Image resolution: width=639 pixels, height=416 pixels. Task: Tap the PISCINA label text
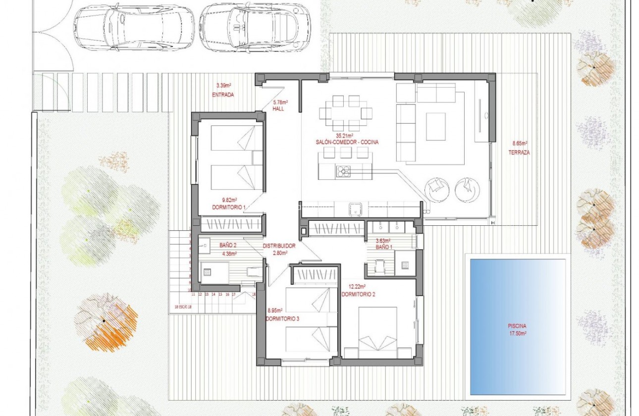point(516,326)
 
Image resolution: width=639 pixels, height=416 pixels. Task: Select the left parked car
point(133,27)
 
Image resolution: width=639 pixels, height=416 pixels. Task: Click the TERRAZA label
point(519,153)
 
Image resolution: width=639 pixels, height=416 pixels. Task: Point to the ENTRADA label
point(222,95)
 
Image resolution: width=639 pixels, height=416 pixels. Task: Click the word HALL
point(278,108)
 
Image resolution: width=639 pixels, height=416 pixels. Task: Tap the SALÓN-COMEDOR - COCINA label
point(347,142)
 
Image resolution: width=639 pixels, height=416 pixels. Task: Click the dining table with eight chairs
point(346,113)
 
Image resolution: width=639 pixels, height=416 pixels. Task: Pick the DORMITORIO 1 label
point(228,207)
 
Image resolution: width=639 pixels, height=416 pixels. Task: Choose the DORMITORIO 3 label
point(282,318)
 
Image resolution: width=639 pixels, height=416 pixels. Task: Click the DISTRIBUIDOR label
point(279,246)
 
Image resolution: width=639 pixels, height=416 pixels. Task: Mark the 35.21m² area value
point(344,136)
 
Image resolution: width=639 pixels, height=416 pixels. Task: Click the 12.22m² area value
point(357,287)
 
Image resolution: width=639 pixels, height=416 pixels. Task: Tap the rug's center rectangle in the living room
point(435,126)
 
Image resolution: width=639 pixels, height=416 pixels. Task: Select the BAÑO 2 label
point(228,245)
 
